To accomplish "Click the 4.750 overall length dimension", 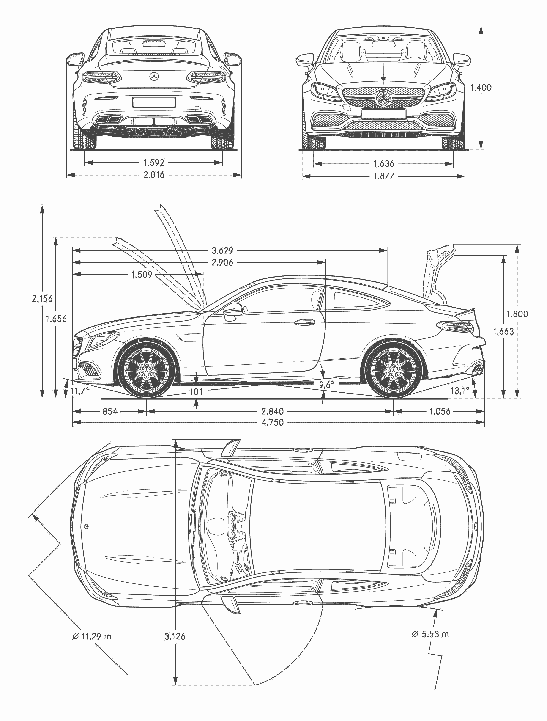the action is [273, 422].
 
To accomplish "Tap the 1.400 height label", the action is [481, 87].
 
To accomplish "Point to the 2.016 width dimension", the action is [154, 175].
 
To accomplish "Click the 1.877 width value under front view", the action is [384, 176].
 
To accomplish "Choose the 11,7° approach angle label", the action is [80, 391].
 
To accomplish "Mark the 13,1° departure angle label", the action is [460, 390].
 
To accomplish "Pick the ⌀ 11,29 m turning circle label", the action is [92, 636].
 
